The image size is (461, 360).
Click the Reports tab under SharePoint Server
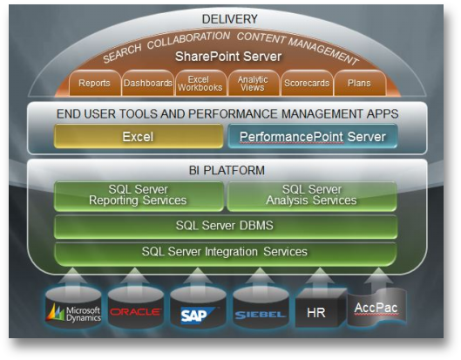(95, 83)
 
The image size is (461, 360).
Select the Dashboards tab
(148, 83)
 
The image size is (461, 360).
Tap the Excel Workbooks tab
(201, 83)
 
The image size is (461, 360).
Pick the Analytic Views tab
(254, 83)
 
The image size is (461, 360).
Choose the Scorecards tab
(307, 83)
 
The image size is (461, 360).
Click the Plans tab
(360, 83)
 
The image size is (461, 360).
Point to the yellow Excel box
(139, 136)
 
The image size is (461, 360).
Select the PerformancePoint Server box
(313, 136)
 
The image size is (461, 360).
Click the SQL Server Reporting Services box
(139, 196)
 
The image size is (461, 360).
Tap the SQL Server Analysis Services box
(312, 196)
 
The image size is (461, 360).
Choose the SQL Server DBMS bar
(226, 227)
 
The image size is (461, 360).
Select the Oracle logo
(136, 312)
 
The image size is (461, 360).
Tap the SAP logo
(198, 316)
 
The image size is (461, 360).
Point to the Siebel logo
(261, 315)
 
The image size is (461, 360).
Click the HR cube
(321, 308)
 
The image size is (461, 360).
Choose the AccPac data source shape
(377, 307)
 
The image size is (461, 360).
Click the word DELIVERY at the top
(229, 19)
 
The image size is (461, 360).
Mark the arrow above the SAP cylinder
(198, 277)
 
